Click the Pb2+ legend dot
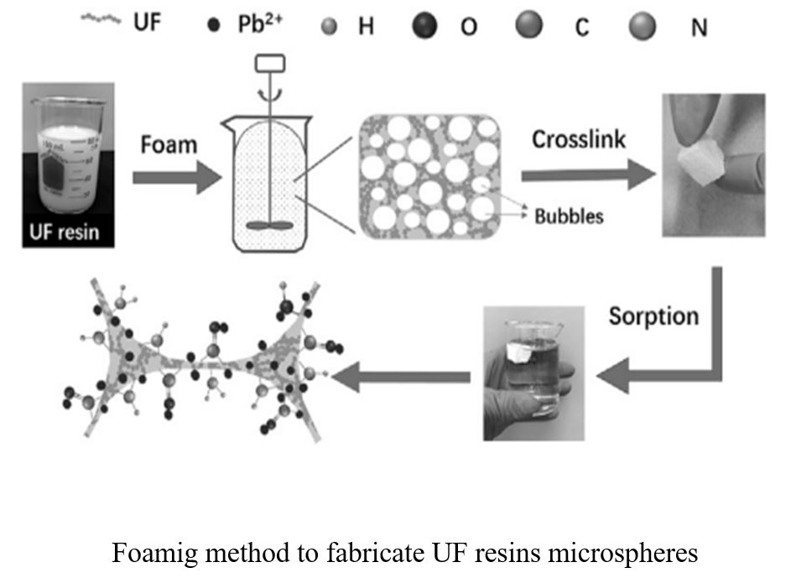pyautogui.click(x=213, y=25)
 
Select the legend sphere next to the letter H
pyautogui.click(x=330, y=27)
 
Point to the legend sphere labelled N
pyautogui.click(x=643, y=26)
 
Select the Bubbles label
pyautogui.click(x=569, y=216)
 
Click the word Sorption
pyautogui.click(x=654, y=316)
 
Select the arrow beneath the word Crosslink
pyautogui.click(x=587, y=174)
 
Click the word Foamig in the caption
pyautogui.click(x=157, y=554)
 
